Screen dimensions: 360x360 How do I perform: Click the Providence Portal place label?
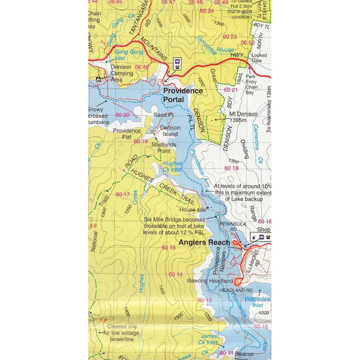click(x=183, y=95)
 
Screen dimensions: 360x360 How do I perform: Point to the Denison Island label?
click(x=170, y=130)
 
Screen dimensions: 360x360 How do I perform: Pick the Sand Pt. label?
click(x=163, y=115)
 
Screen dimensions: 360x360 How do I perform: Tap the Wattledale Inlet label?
click(x=258, y=301)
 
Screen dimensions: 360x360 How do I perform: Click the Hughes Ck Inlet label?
click(x=172, y=167)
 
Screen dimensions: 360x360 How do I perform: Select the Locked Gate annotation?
click(x=259, y=57)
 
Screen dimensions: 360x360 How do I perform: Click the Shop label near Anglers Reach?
click(x=263, y=230)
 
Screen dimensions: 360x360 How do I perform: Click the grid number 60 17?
click(x=122, y=194)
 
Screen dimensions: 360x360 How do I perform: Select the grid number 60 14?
click(x=175, y=274)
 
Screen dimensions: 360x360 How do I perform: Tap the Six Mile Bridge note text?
click(x=174, y=225)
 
